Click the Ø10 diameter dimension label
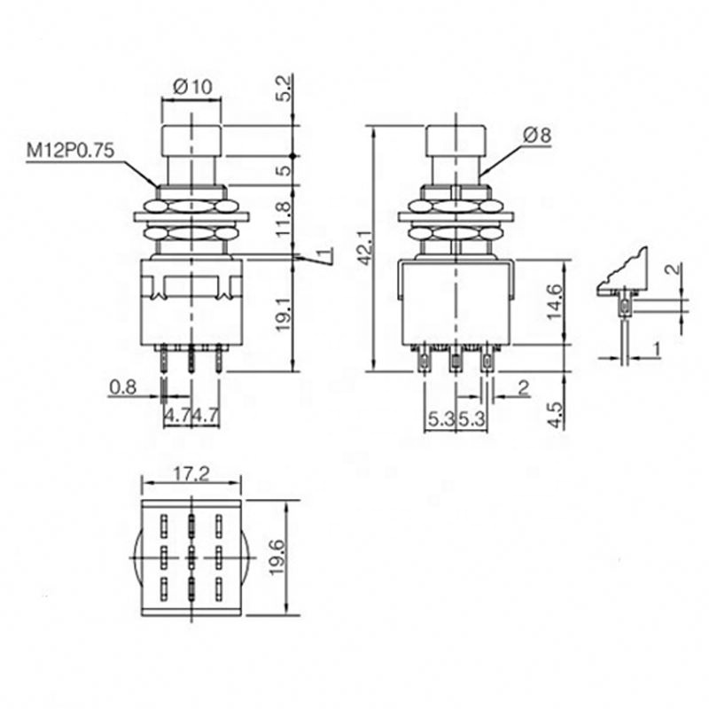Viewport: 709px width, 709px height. point(192,86)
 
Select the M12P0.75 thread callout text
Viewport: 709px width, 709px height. point(71,150)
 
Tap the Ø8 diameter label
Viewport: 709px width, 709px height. point(538,136)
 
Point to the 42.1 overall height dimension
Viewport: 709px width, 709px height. point(365,248)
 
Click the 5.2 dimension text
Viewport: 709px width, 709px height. point(285,90)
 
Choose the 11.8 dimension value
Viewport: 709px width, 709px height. point(284,220)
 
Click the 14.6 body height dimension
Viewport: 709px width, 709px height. point(555,302)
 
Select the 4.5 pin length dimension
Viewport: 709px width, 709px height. point(555,415)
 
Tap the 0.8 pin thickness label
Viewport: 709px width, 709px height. point(122,387)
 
